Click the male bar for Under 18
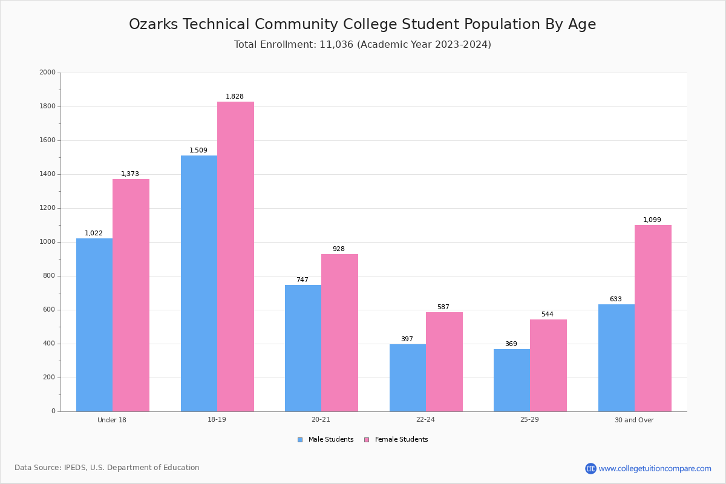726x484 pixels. point(94,325)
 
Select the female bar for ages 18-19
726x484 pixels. point(235,257)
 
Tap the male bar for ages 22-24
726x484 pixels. point(408,378)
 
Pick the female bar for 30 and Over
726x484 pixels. point(653,318)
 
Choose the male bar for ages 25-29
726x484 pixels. point(512,380)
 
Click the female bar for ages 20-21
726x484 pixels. point(339,333)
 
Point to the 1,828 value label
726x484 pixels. point(235,97)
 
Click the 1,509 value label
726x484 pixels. point(198,151)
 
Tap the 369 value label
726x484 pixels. point(511,344)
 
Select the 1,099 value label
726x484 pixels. point(652,220)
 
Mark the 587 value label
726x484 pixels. point(443,307)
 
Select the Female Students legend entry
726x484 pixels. point(396,440)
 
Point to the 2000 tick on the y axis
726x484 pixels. point(47,73)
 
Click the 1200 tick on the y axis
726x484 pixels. point(47,208)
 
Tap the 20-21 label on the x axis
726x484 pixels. point(321,420)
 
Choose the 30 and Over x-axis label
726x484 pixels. point(634,420)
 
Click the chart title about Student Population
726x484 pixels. point(362,25)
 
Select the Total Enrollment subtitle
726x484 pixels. point(362,45)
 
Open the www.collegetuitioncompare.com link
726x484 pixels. point(655,468)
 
